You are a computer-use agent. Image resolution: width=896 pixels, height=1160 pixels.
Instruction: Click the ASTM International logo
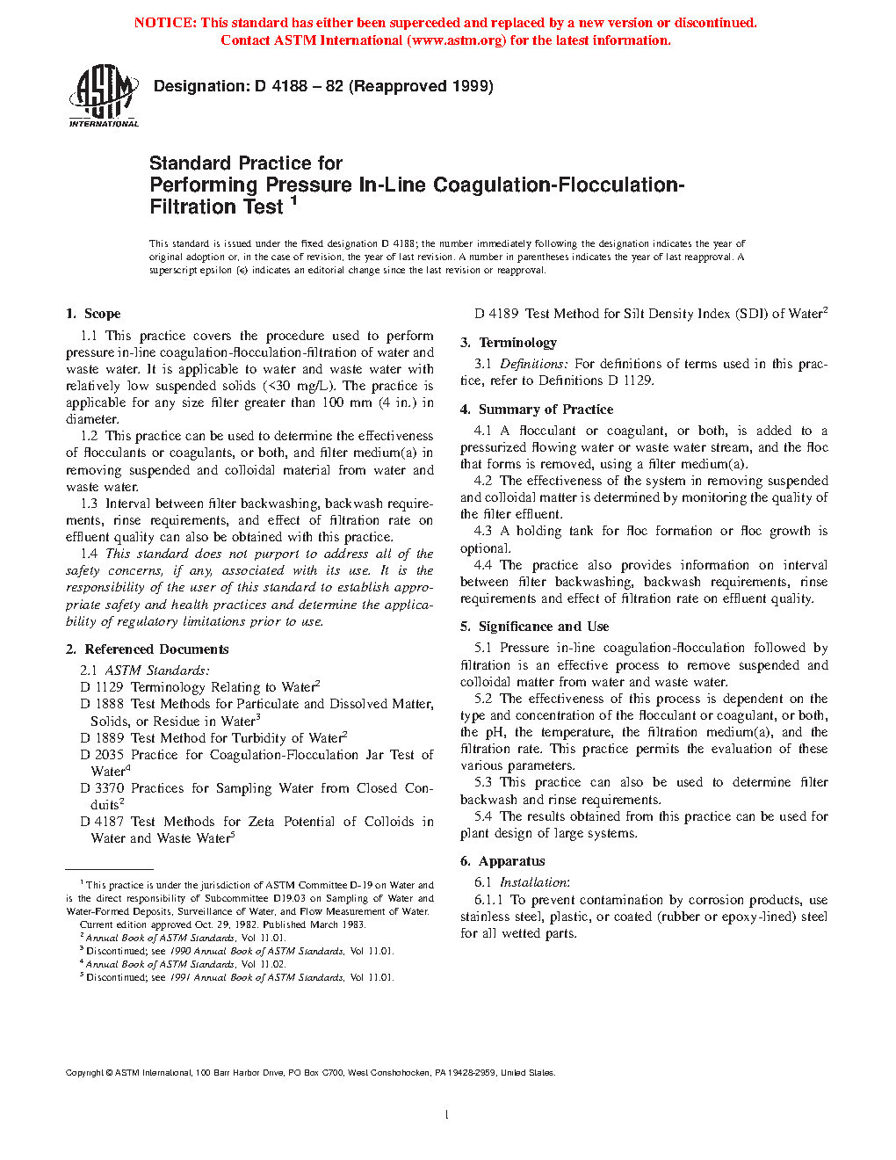(x=104, y=96)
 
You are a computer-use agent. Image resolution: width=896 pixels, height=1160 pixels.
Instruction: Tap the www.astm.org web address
(x=457, y=40)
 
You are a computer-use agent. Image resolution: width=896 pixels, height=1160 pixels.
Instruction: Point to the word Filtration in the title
(x=191, y=207)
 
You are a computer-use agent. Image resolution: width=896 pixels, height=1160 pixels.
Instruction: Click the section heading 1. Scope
(x=93, y=314)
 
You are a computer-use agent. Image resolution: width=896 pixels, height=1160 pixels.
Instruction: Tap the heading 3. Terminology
(x=509, y=343)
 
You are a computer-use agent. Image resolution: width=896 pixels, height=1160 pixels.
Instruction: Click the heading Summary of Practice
(x=546, y=410)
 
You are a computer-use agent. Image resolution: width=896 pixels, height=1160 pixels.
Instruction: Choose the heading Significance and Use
(x=543, y=627)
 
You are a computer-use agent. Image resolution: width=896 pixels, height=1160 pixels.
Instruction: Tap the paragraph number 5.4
(x=483, y=816)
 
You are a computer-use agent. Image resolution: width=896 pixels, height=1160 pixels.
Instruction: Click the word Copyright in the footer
(x=85, y=1072)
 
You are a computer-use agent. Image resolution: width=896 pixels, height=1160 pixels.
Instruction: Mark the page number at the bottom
(x=447, y=1115)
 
